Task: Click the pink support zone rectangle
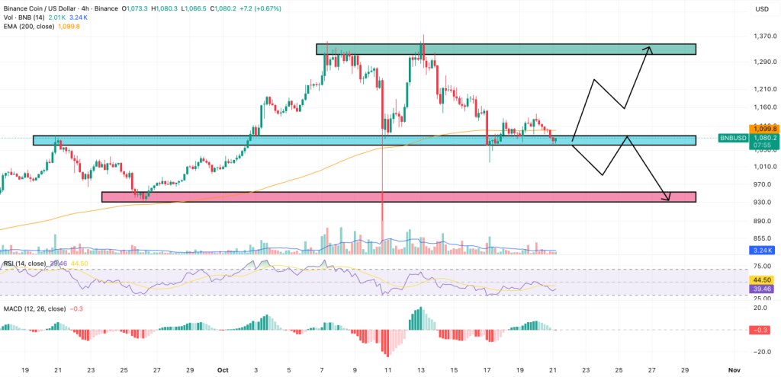click(398, 197)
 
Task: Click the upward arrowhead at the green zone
click(649, 49)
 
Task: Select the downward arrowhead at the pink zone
click(668, 199)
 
